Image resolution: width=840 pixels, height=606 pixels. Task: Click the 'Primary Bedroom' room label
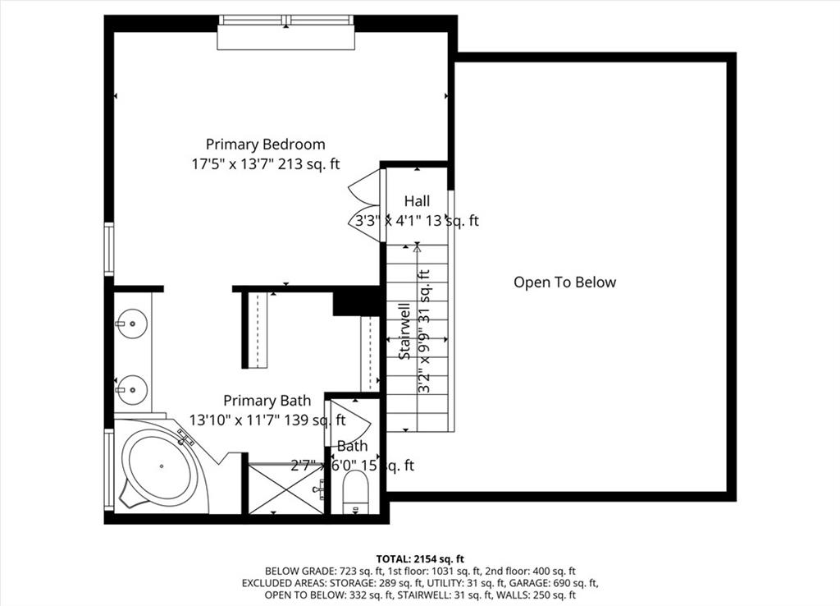coord(265,145)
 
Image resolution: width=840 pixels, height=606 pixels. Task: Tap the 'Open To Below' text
coord(564,282)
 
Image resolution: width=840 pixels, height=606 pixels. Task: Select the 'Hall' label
coord(416,200)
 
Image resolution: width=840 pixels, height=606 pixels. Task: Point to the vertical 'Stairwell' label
coord(404,331)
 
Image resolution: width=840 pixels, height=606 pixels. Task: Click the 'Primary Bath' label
coord(267,401)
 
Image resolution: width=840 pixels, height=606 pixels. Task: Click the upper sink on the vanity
coord(131,323)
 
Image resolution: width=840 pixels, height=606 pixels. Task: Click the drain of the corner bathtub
coord(162,466)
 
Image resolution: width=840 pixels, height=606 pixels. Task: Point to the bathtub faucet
coord(186,435)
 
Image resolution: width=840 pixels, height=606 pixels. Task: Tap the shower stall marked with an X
coord(285,489)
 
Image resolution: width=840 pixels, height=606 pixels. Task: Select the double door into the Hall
coord(367,205)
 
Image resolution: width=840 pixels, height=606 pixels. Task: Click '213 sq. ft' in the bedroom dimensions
coord(308,164)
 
